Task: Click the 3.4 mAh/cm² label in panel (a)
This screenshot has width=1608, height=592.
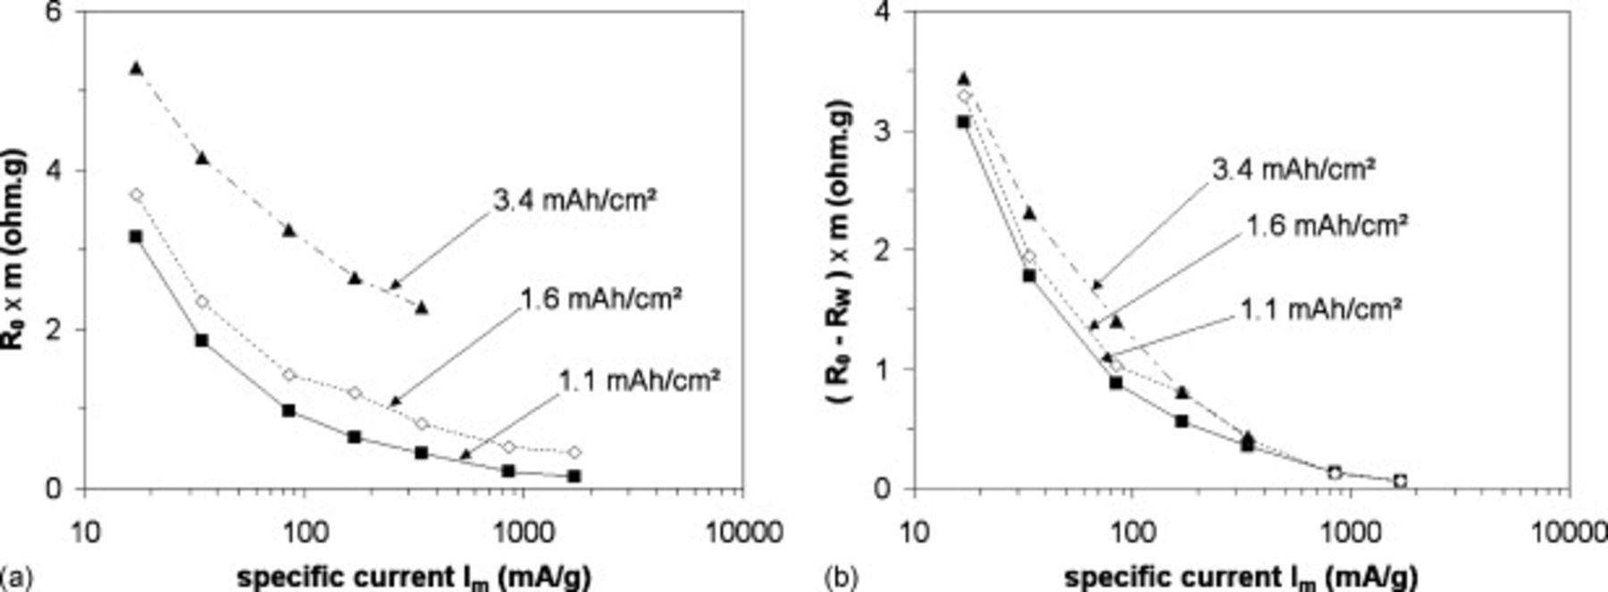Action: [x=574, y=201]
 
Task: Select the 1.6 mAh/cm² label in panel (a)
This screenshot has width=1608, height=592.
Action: [x=600, y=297]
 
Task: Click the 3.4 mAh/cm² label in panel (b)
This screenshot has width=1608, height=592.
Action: [x=1293, y=169]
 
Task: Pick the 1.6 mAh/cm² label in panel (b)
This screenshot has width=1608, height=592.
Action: [x=1326, y=224]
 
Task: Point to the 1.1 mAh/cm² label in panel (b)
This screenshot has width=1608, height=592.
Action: [x=1320, y=309]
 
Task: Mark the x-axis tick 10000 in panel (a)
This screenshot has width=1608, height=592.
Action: [x=741, y=532]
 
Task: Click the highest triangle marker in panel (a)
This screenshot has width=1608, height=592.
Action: [x=136, y=68]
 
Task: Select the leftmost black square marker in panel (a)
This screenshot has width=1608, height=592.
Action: [x=136, y=237]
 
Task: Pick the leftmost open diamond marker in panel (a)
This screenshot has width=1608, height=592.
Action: [x=136, y=195]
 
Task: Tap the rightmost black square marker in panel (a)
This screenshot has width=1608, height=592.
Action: [x=574, y=476]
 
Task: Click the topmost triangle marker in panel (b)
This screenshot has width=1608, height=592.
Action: [x=963, y=79]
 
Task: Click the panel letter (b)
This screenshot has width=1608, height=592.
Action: [x=842, y=578]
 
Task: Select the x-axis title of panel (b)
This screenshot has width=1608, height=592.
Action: [x=1241, y=578]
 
